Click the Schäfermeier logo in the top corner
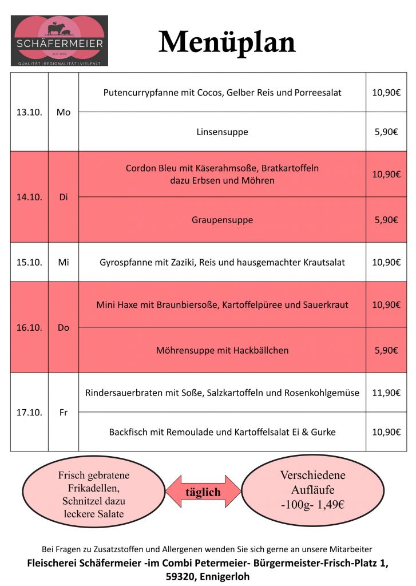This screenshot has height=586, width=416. click(x=60, y=41)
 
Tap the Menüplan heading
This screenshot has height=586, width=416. click(x=227, y=42)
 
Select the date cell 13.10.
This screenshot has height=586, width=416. click(x=29, y=112)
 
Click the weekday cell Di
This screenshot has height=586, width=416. click(x=64, y=197)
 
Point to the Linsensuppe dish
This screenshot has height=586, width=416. click(x=222, y=132)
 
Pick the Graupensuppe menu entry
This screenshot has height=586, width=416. click(x=222, y=220)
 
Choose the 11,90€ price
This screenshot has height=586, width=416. click(x=386, y=393)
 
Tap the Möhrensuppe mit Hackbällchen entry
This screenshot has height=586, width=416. click(x=222, y=350)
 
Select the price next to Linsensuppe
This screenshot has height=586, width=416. click(x=386, y=132)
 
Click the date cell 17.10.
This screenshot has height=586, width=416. click(x=29, y=412)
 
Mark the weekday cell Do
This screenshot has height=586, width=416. click(x=64, y=327)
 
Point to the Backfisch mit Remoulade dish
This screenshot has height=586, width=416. click(x=222, y=431)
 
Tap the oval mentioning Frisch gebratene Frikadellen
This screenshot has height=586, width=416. click(x=94, y=494)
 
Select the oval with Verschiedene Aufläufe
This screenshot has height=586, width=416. click(x=312, y=490)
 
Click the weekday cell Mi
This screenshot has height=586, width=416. click(x=64, y=262)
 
